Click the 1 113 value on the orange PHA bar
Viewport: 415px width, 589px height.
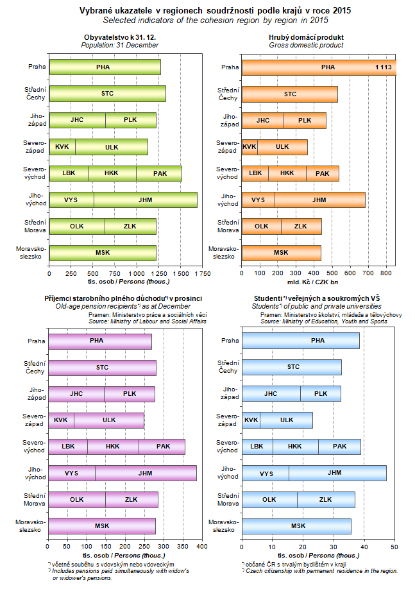coord(383,67)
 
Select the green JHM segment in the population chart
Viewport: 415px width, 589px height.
coord(146,200)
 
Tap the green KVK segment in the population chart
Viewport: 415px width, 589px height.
coord(62,147)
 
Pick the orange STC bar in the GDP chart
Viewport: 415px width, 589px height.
coord(290,94)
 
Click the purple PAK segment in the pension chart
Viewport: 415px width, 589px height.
coord(163,447)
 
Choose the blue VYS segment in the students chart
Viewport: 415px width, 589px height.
coord(266,474)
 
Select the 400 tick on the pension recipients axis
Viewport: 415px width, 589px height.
coord(201,546)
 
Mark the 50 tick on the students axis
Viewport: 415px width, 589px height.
coord(394,546)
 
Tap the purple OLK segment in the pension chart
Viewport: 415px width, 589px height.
coord(76,500)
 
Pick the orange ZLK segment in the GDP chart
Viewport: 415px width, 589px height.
coord(300,226)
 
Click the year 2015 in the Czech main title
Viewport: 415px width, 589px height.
coord(342,11)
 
